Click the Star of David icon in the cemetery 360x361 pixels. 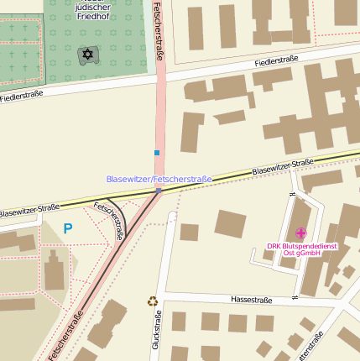86,55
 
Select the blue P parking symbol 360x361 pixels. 68,228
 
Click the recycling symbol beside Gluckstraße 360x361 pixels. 153,301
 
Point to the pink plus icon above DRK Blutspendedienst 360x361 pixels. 301,233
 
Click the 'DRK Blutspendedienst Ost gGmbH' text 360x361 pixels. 301,249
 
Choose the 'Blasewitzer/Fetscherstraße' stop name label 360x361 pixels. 159,180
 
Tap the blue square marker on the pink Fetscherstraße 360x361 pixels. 157,153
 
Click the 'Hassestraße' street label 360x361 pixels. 252,300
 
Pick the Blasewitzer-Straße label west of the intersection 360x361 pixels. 29,210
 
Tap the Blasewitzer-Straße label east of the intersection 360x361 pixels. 283,167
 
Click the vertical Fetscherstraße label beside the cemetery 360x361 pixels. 159,30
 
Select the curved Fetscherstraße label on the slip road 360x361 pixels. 109,221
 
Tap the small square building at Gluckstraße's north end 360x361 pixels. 189,233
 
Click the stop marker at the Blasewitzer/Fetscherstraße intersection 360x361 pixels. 159,191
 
